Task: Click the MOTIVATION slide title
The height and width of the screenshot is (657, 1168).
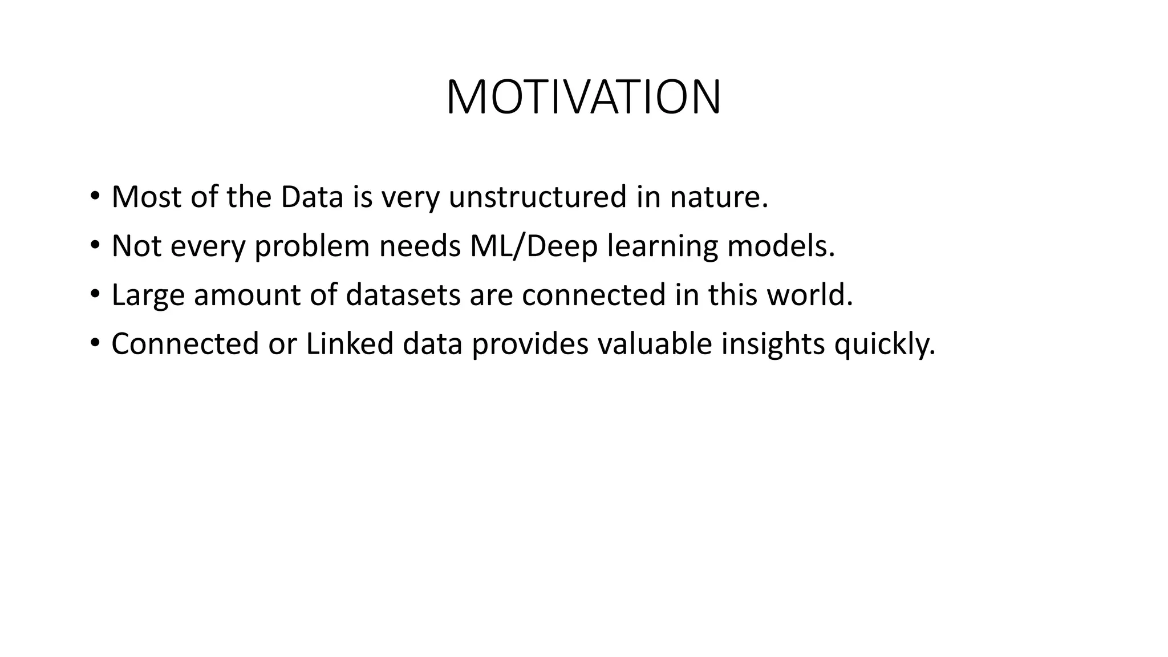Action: pos(583,98)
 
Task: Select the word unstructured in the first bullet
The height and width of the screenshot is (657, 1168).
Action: pos(538,197)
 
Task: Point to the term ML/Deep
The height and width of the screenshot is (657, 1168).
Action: pos(534,246)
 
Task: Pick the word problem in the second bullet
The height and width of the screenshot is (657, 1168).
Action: pos(312,246)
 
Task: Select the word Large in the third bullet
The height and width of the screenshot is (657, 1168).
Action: pos(148,295)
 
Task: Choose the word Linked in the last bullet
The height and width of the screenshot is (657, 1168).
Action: pos(350,344)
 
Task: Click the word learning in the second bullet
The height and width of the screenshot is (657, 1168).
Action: pos(662,246)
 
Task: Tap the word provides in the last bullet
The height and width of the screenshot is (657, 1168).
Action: pos(530,344)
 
